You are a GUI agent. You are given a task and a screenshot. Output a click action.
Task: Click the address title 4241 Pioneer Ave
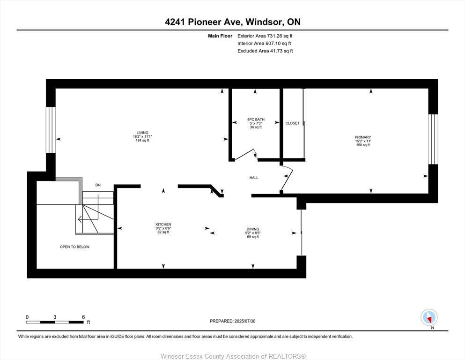pos(233,22)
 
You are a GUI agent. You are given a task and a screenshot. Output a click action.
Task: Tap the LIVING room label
pos(142,133)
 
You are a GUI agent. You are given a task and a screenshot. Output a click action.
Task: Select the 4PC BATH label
pos(255,120)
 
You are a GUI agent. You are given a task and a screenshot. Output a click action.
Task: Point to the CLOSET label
pos(292,123)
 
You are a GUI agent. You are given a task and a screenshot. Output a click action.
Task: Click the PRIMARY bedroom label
pos(362,137)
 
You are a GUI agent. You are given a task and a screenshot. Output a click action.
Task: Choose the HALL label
pos(253,178)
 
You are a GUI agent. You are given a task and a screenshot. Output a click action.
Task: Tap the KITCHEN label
pos(163,225)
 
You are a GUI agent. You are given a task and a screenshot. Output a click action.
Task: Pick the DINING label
pos(253,229)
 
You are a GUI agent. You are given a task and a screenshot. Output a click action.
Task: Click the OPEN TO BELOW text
pos(74,247)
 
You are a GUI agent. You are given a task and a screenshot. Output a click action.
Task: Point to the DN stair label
pos(98,185)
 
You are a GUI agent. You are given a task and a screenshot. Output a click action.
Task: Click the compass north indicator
pos(429,318)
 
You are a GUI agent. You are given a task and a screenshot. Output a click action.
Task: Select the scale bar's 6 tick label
pos(83,317)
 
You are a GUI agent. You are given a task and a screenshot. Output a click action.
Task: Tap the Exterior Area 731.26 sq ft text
pos(265,36)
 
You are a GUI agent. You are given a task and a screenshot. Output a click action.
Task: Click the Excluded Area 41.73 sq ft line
pos(265,51)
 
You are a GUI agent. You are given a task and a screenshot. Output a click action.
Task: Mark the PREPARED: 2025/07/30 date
pos(233,321)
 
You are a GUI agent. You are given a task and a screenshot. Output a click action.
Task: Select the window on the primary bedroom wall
pos(433,139)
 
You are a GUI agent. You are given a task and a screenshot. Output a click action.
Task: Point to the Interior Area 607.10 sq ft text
pos(265,44)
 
